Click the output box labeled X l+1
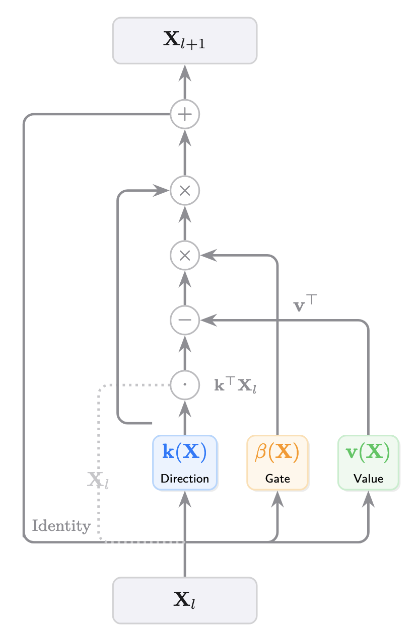point(185,41)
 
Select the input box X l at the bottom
point(185,600)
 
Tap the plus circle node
point(185,115)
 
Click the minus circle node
point(185,320)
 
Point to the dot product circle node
point(185,385)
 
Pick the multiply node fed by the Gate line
point(185,255)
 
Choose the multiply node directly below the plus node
point(185,191)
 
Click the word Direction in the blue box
point(185,479)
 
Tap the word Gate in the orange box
point(277,479)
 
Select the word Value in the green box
point(369,479)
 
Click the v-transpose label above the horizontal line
point(304,305)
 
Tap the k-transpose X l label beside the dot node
point(236,385)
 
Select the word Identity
point(61,526)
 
